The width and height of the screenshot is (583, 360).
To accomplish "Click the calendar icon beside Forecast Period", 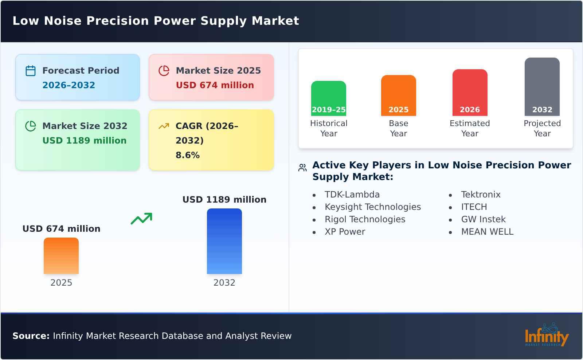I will tap(31, 71).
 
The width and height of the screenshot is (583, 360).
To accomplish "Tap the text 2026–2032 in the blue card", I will tap(69, 85).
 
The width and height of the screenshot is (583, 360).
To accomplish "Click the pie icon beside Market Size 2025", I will tap(164, 71).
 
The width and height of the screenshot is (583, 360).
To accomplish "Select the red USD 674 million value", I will tap(215, 85).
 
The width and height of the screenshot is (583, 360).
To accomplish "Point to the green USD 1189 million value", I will tap(84, 141).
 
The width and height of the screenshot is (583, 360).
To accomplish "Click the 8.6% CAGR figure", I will tap(187, 155).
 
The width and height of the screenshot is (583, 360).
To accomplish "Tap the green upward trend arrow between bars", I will tap(141, 219).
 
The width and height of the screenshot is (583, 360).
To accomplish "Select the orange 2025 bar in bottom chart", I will tap(61, 256).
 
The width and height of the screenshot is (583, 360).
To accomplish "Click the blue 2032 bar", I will tap(224, 241).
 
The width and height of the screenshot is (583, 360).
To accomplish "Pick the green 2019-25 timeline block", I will tap(328, 98).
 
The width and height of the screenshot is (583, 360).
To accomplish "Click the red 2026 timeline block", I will tap(470, 93).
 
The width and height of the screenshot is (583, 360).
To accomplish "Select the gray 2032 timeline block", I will tap(542, 87).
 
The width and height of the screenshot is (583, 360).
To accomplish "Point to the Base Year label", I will tap(398, 128).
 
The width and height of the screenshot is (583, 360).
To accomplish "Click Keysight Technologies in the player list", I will tap(372, 207).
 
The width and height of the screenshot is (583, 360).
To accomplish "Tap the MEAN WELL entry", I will tap(487, 232).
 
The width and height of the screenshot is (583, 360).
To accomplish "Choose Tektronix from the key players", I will tap(481, 195).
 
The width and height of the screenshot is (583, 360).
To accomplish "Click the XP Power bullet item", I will tap(345, 232).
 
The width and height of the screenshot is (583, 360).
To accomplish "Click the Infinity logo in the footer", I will tap(546, 335).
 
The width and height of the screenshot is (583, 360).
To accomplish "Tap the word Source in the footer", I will tap(31, 336).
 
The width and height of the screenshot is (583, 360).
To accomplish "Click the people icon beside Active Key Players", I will tap(302, 168).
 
